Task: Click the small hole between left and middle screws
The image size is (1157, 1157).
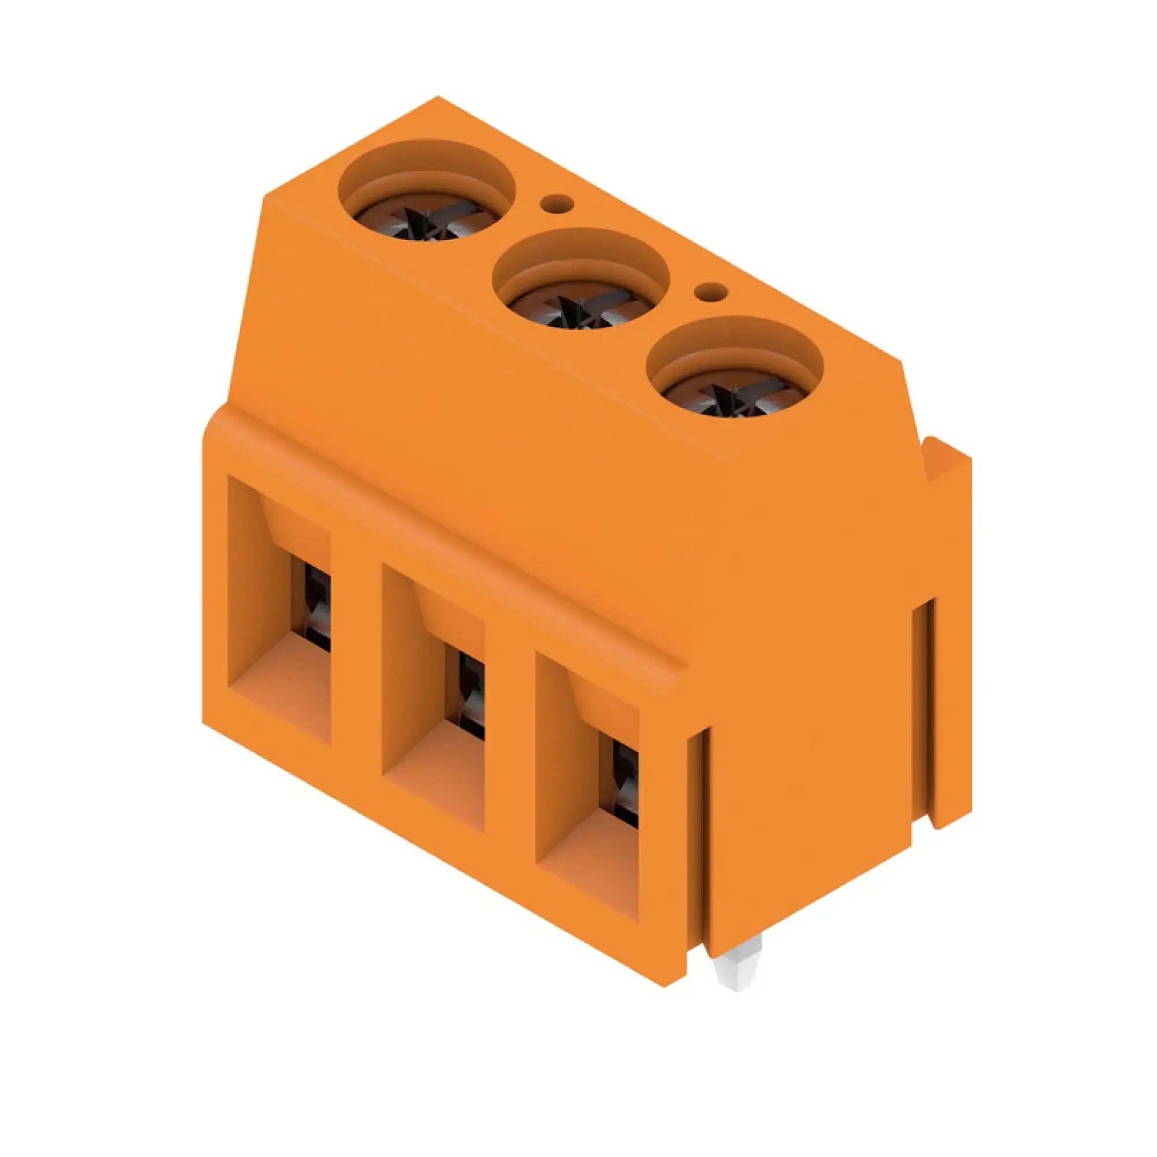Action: (x=558, y=205)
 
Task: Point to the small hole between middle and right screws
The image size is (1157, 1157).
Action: (x=711, y=292)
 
